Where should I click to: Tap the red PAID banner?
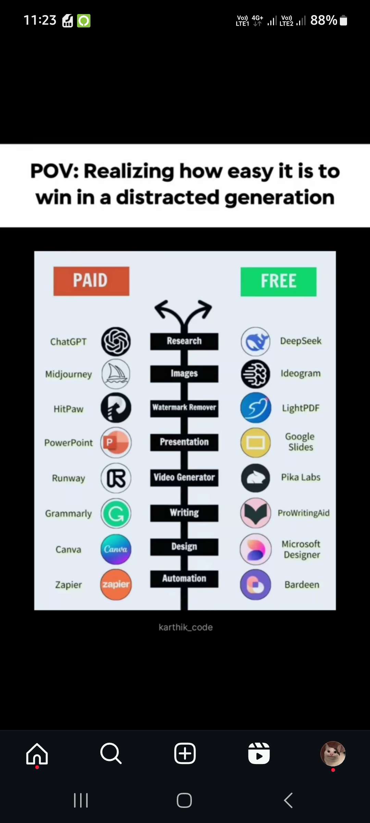point(91,281)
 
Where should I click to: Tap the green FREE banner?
point(279,282)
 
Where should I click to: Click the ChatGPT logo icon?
point(116,342)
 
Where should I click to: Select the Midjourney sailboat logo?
point(116,374)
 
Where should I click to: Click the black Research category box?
point(184,341)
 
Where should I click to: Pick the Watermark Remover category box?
point(184,408)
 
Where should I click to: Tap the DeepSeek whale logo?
point(256,342)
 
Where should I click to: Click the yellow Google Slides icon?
point(256,443)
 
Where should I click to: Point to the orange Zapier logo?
point(116,584)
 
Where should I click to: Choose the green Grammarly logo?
point(116,514)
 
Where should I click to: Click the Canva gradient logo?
point(116,549)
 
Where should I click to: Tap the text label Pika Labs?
point(301,477)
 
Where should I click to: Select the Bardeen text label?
point(302,585)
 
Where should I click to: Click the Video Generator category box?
point(184,478)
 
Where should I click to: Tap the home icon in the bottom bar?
point(37,754)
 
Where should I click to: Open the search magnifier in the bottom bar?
point(111,754)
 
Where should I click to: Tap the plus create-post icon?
point(185,754)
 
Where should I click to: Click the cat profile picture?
point(333,754)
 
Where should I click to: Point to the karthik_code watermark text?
point(186,627)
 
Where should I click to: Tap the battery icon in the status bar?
point(343,21)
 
